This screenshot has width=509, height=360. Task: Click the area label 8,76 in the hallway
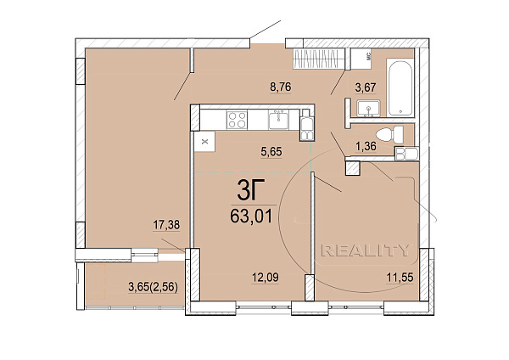(x=281, y=87)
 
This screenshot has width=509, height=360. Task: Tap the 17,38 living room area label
(x=166, y=224)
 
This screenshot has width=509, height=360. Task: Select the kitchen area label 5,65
(x=271, y=151)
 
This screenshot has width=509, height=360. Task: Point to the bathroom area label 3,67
(x=366, y=87)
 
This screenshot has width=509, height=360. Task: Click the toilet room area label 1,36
(x=366, y=146)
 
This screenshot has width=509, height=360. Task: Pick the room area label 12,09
(x=266, y=278)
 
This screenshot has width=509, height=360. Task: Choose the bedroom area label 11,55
(x=400, y=278)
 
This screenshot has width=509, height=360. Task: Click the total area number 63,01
(x=251, y=216)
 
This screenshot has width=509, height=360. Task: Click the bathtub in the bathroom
(x=400, y=87)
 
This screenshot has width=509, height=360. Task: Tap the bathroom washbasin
(x=368, y=109)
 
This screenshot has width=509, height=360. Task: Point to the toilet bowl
(x=389, y=134)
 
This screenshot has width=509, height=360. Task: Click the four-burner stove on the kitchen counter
(x=237, y=120)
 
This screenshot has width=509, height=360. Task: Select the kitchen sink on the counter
(x=278, y=119)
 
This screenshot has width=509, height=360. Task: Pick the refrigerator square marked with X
(x=204, y=141)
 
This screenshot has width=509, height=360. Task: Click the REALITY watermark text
(x=365, y=250)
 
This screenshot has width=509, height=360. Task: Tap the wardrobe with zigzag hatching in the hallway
(x=318, y=59)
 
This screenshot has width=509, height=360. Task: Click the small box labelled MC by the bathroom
(x=361, y=59)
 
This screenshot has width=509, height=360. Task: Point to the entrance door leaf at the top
(x=266, y=29)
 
